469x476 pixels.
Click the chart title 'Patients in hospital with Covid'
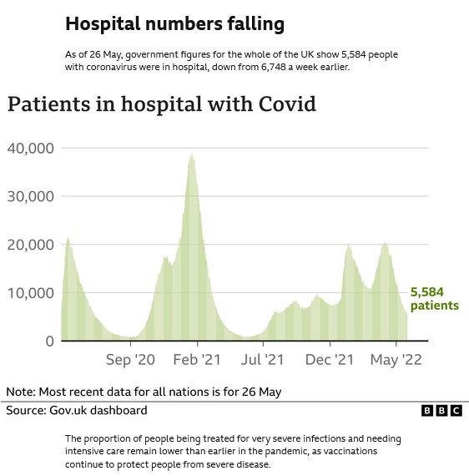coord(162,104)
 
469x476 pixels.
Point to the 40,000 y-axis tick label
coord(31,148)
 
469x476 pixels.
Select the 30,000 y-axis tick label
coord(31,196)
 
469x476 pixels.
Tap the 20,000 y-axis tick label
coord(31,245)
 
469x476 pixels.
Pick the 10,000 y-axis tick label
coord(31,293)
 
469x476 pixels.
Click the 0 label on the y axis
coord(49,341)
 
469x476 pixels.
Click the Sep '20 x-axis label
coord(131,360)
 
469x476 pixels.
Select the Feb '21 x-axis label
coord(197,360)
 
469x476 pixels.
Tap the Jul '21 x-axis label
coord(263,360)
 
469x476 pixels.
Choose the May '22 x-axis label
coord(396,360)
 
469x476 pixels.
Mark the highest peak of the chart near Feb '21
coord(192,154)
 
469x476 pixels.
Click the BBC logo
coord(441,411)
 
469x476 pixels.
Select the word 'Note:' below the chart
coord(22,392)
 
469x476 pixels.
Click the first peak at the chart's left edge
coord(68,240)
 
